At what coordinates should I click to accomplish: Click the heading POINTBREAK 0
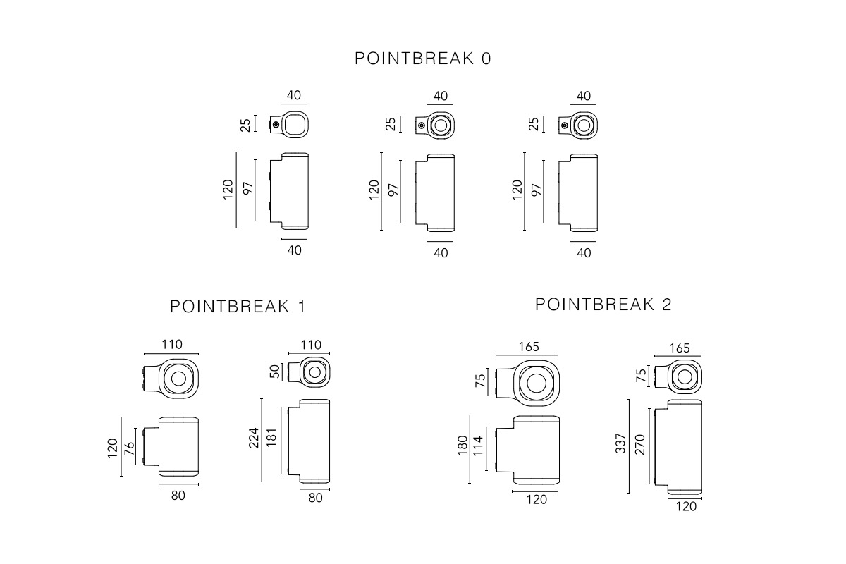(x=423, y=59)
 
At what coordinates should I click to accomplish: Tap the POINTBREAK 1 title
(x=238, y=307)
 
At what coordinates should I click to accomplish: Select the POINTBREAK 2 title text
(x=603, y=305)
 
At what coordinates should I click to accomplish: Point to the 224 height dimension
(x=254, y=440)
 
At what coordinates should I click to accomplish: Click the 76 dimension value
(x=130, y=448)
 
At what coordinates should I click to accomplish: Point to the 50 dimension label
(x=275, y=372)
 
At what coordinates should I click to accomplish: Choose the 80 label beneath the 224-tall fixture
(x=315, y=498)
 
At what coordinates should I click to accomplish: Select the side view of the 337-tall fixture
(x=676, y=446)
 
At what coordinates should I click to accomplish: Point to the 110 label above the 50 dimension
(x=311, y=345)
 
